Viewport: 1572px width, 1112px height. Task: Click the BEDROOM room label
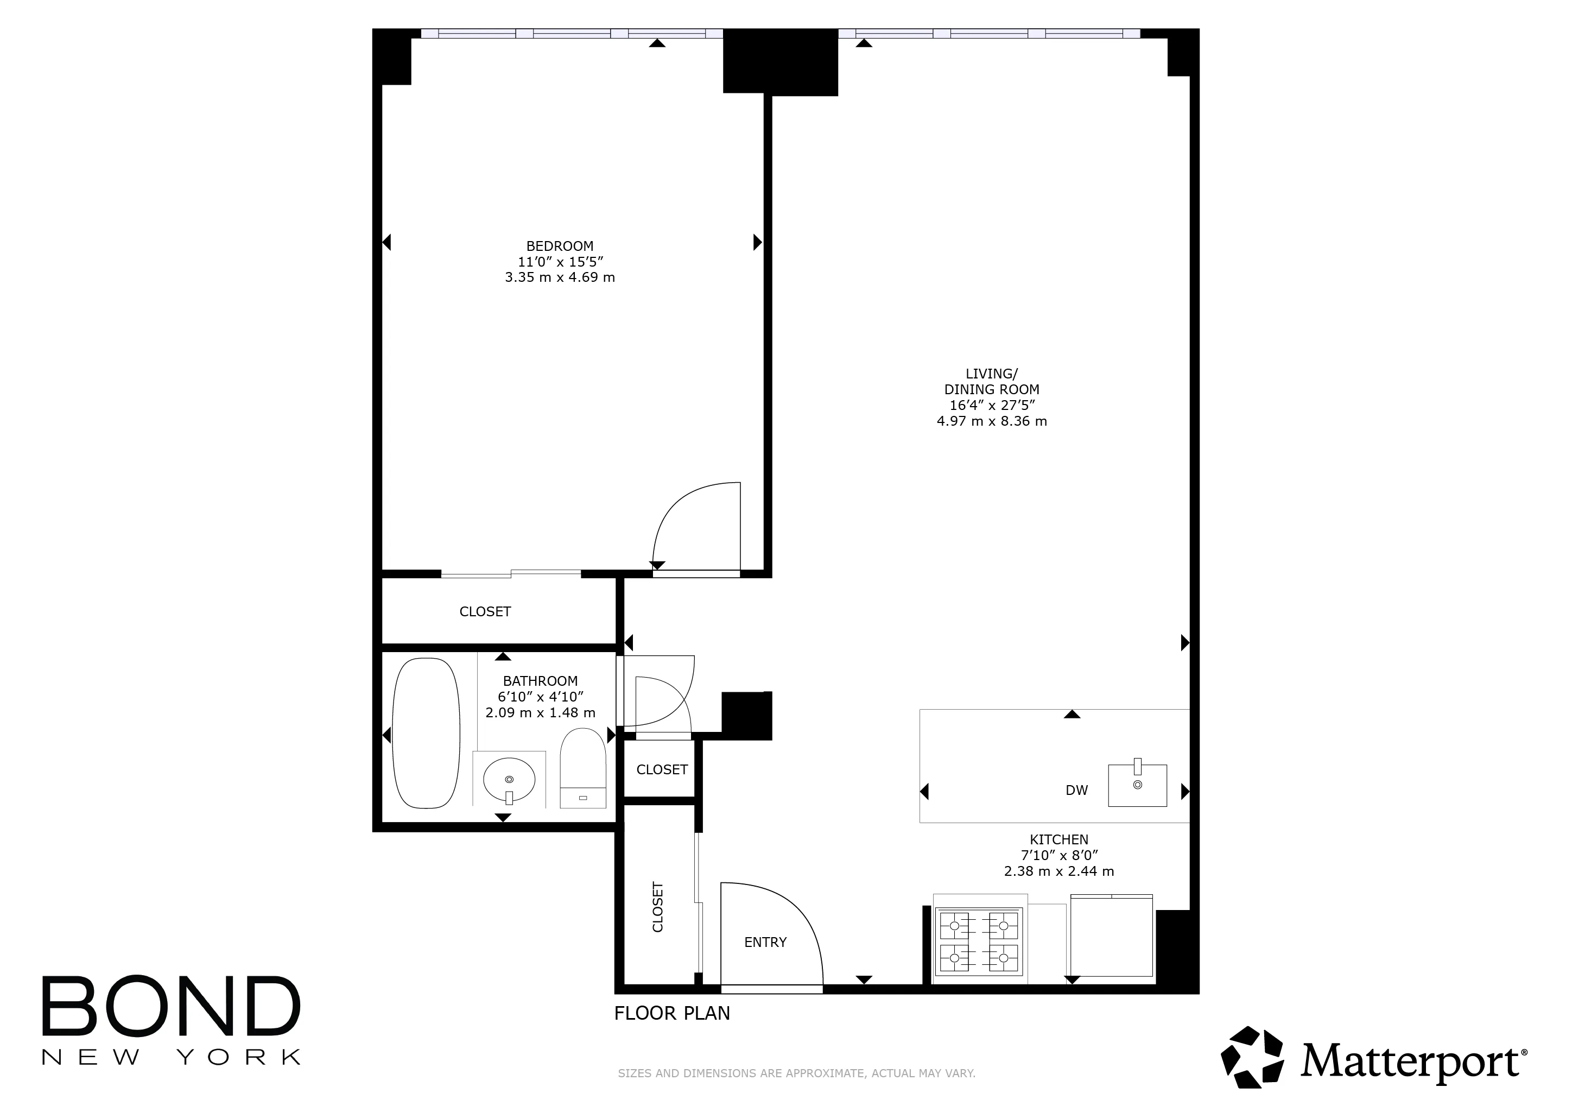point(560,246)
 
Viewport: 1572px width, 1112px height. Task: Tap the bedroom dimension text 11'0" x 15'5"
point(560,262)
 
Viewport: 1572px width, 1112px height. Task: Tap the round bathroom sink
point(509,780)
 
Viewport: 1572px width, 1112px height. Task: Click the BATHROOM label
point(540,681)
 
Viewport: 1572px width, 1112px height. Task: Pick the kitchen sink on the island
point(1137,785)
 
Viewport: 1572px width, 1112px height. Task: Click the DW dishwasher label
point(1076,790)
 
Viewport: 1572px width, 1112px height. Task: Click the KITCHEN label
point(1058,839)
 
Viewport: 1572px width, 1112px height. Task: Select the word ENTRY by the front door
point(765,942)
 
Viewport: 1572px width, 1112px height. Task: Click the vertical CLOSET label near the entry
point(657,907)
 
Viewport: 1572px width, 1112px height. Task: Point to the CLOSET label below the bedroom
point(485,611)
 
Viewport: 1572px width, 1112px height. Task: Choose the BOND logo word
point(171,1006)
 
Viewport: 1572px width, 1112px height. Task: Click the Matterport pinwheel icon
point(1252,1057)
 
